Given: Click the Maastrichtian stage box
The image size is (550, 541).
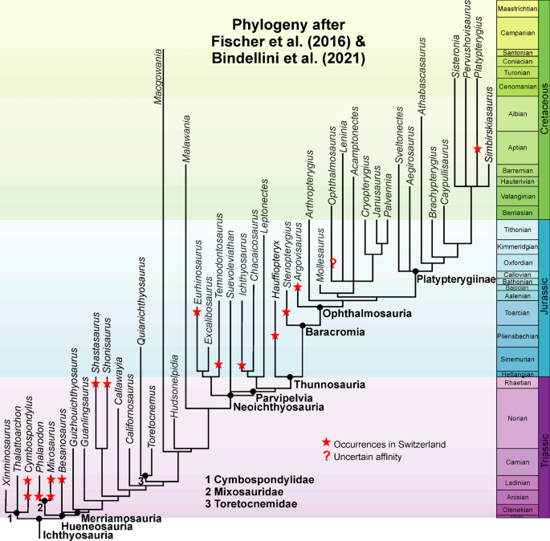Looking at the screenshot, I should click(516, 9).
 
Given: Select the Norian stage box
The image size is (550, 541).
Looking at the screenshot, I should click(516, 418).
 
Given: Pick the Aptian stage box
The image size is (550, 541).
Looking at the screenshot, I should click(516, 148).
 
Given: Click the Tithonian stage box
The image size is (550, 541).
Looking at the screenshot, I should click(516, 230).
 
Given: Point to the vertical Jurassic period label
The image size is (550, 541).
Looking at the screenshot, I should click(544, 297).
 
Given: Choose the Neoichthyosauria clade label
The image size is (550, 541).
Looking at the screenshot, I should click(272, 407).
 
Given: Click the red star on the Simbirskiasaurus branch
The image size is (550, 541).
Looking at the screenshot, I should click(478, 149).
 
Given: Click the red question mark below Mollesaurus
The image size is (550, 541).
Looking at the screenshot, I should click(332, 262).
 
